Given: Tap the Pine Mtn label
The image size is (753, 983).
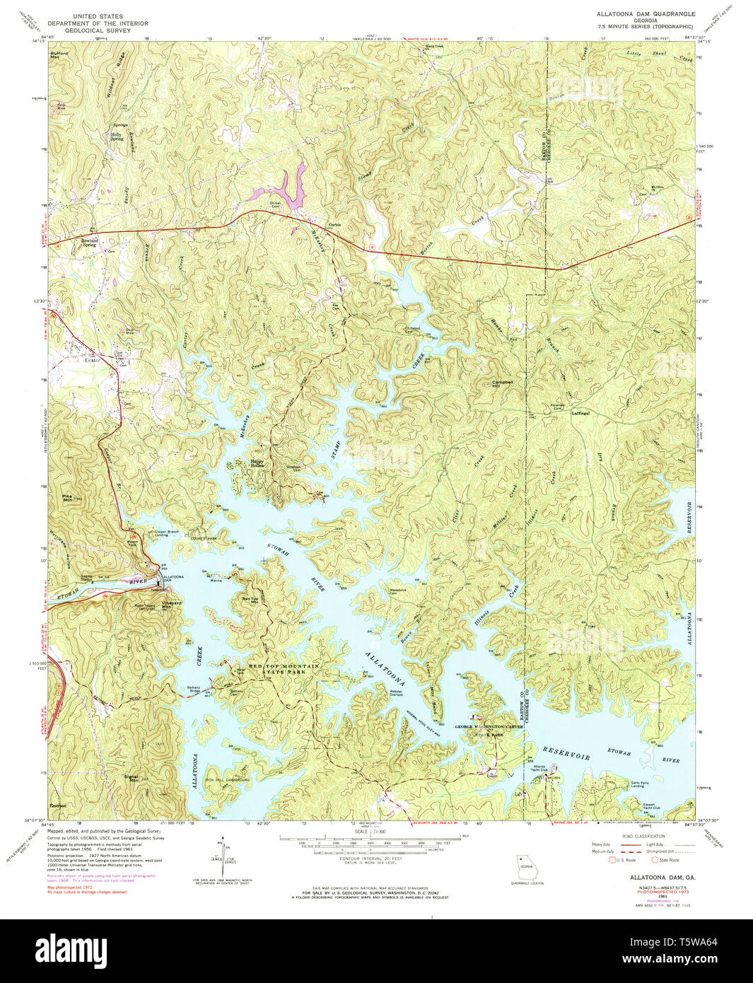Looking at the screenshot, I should pyautogui.click(x=69, y=498).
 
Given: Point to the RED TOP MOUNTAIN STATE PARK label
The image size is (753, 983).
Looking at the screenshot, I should pyautogui.click(x=274, y=669).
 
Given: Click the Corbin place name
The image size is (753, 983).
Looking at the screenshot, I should pyautogui.click(x=334, y=225).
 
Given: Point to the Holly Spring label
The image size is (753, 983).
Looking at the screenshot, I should pyautogui.click(x=117, y=136).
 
